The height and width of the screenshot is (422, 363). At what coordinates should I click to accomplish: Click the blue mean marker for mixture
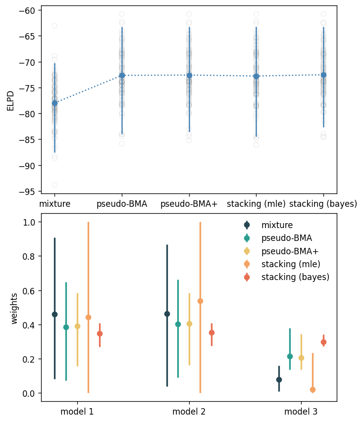point(54,103)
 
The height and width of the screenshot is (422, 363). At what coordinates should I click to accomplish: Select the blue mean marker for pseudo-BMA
point(122,75)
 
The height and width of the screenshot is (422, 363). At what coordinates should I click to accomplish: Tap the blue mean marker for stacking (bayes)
point(323,75)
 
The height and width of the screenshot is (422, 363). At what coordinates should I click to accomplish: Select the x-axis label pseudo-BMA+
point(189,204)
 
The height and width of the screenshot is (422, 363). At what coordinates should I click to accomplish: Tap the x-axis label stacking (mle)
point(256,204)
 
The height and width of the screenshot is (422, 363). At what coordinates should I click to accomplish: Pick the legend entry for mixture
point(277,225)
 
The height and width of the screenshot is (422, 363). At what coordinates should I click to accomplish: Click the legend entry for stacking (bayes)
point(295,277)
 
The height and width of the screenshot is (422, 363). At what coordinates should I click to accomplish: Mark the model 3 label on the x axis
point(301,412)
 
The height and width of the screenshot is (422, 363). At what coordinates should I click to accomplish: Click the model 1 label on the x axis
point(77,412)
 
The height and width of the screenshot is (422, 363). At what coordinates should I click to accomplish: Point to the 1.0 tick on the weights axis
point(29,222)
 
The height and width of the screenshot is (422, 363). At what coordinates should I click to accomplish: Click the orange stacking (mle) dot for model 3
point(312,390)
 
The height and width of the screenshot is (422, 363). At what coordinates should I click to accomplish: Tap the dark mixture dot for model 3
point(279,379)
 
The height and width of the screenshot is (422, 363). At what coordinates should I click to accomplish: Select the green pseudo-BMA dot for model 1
point(66,327)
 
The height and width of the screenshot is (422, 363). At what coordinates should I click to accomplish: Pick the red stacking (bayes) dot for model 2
point(211,332)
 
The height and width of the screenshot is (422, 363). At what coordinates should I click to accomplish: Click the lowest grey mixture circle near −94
point(54,185)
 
